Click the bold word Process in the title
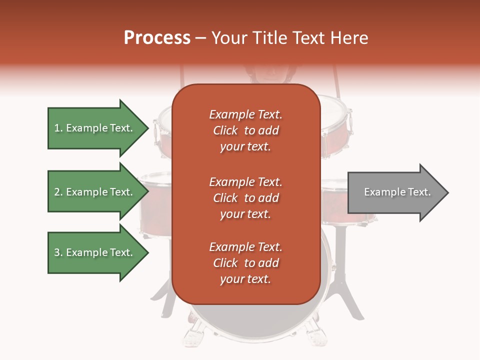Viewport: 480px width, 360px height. point(157,38)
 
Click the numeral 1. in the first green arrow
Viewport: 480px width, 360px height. point(58,128)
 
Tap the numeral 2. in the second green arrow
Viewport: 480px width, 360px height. point(58,192)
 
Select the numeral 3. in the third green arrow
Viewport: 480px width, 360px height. point(58,252)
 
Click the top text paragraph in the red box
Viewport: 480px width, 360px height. point(245,130)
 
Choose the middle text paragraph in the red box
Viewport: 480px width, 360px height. point(245,198)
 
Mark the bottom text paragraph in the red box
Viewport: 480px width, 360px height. point(245,263)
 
